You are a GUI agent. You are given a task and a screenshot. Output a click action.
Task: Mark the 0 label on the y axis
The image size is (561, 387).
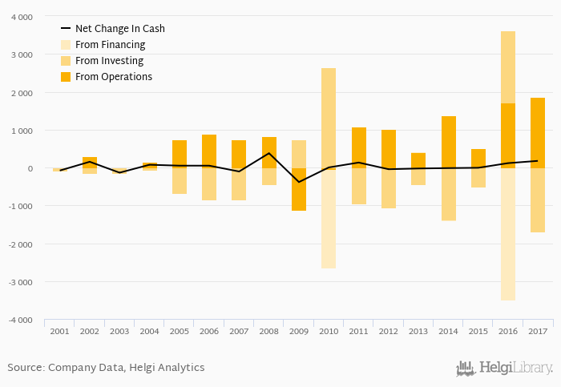[30, 169]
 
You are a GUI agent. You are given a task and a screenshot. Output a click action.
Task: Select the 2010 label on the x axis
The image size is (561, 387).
[329, 331]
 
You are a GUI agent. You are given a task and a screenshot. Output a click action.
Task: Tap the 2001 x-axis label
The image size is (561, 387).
[59, 331]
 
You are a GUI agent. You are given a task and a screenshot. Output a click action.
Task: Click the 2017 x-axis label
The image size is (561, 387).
[538, 331]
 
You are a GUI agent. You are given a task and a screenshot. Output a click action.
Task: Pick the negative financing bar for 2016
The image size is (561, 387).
[508, 234]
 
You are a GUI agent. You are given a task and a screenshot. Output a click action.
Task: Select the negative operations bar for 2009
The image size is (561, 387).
[299, 190]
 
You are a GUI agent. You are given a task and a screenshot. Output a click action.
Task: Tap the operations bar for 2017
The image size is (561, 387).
[538, 133]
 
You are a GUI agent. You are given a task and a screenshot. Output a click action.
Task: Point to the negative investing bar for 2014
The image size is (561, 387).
[448, 194]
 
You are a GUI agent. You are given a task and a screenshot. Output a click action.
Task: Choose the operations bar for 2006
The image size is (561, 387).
[209, 151]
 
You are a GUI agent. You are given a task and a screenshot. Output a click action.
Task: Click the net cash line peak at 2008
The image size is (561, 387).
[269, 153]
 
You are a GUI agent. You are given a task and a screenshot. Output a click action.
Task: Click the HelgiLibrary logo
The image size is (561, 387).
[504, 369]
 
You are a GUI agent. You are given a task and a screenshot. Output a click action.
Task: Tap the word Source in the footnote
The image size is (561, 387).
[25, 368]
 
